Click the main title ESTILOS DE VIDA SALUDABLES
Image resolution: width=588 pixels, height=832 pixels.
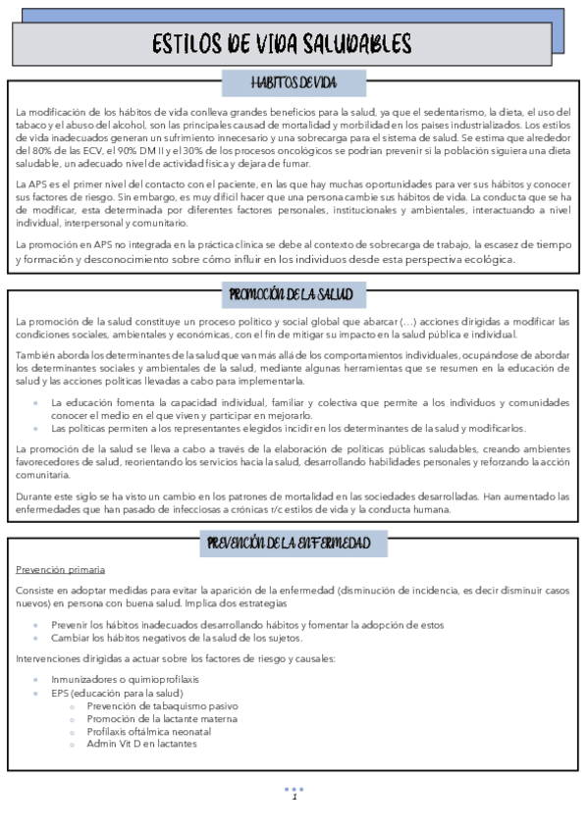point(283,44)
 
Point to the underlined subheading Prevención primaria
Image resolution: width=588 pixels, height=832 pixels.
point(61,570)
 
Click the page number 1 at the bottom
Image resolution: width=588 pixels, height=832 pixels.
point(294,797)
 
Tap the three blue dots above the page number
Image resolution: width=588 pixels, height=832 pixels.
point(294,788)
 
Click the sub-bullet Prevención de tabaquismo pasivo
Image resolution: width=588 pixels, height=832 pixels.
point(161,705)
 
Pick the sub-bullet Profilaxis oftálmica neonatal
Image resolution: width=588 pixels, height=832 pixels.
point(148,731)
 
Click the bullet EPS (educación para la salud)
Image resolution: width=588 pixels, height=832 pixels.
point(117,693)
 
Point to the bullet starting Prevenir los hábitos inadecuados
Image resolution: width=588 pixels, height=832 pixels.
point(246,625)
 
